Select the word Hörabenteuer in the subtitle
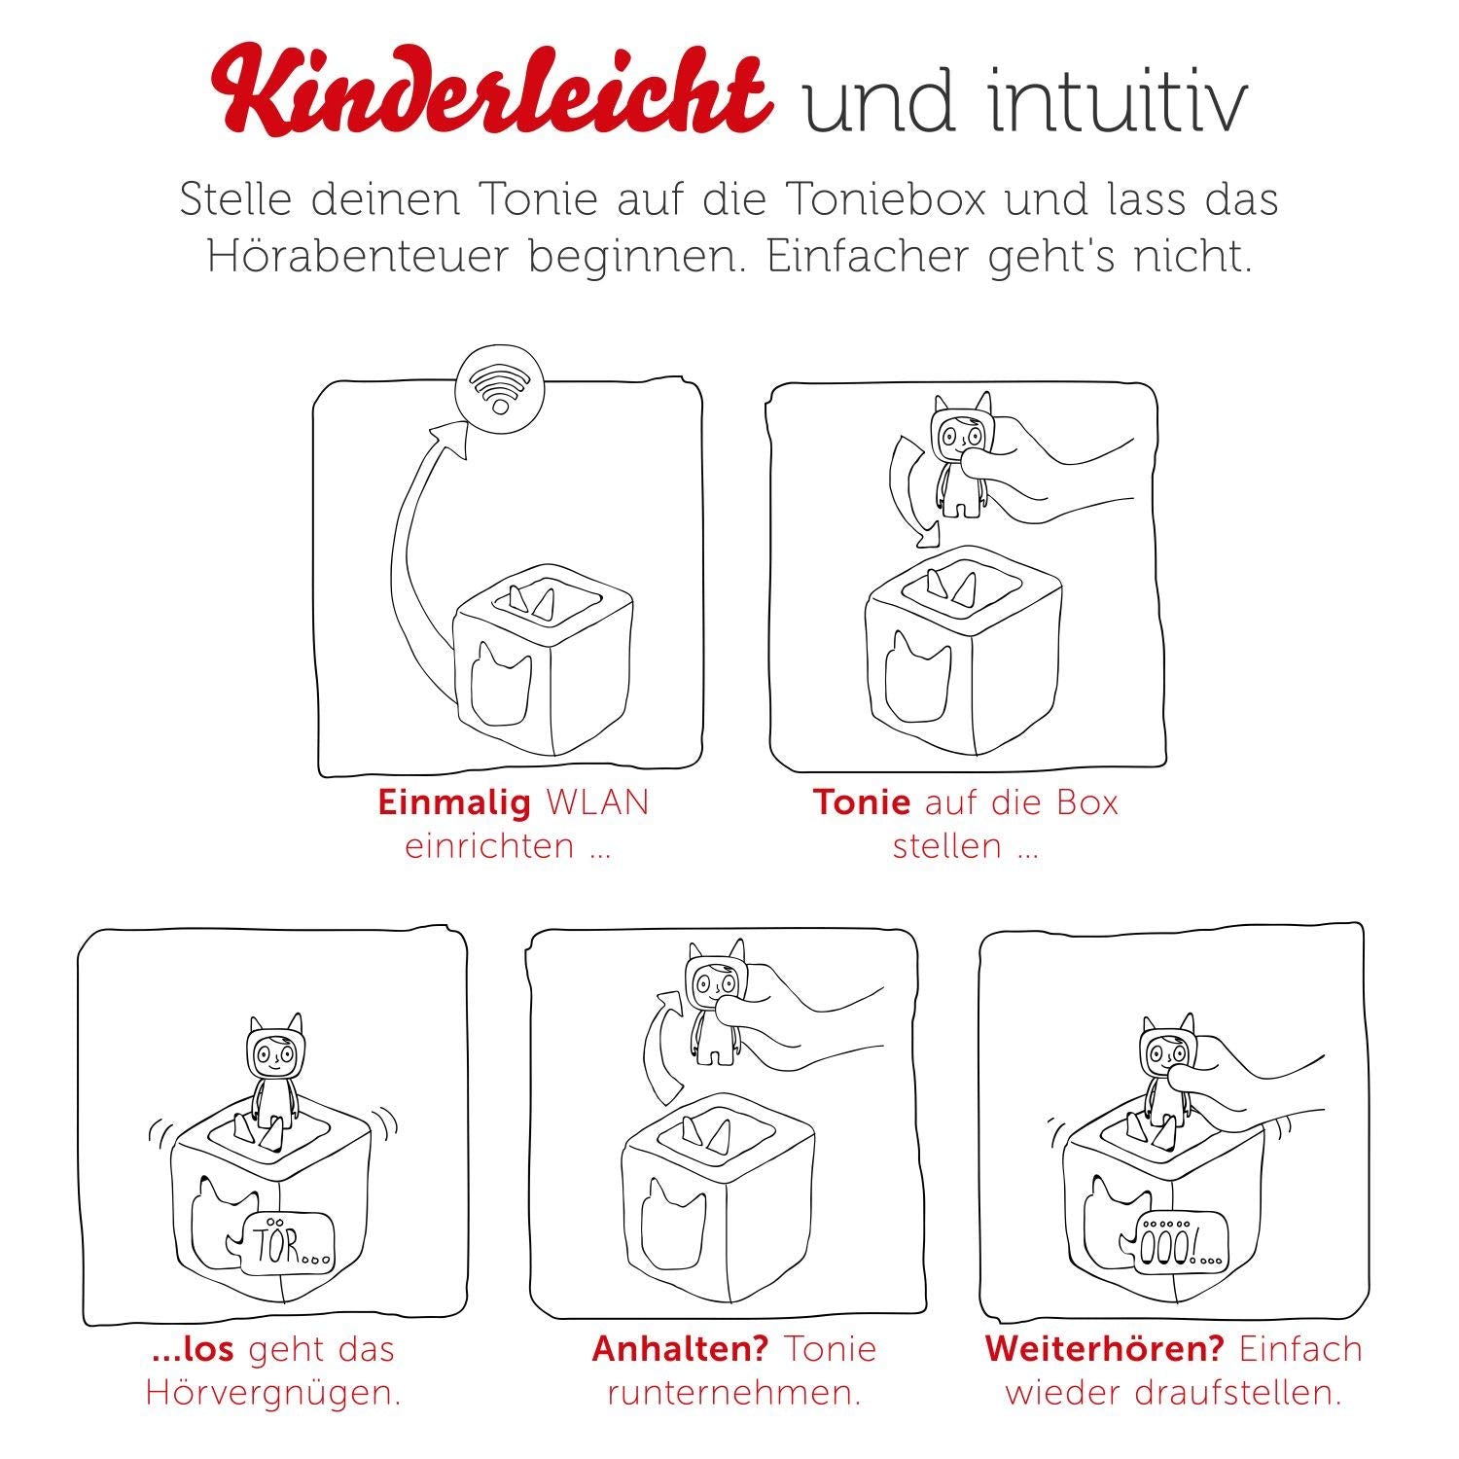pyautogui.click(x=358, y=257)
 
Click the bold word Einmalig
pyautogui.click(x=454, y=803)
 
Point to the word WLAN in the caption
pyautogui.click(x=598, y=803)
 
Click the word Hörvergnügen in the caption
pyautogui.click(x=272, y=1393)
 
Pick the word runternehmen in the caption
pyautogui.click(x=734, y=1394)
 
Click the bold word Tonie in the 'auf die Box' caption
pyautogui.click(x=862, y=803)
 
